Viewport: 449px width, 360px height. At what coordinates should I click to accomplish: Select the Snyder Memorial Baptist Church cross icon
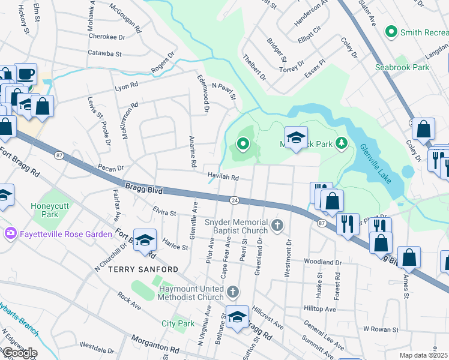pyautogui.click(x=276, y=226)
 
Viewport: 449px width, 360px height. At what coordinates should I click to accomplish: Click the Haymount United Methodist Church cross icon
pyautogui.click(x=233, y=292)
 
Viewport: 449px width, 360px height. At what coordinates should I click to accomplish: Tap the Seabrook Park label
pyautogui.click(x=402, y=67)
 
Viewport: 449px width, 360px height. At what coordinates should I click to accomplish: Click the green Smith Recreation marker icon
pyautogui.click(x=392, y=31)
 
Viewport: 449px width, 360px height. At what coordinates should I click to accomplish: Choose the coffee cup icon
pyautogui.click(x=26, y=74)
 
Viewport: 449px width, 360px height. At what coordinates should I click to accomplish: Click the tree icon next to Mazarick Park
pyautogui.click(x=342, y=142)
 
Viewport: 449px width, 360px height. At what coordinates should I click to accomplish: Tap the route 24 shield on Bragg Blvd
pyautogui.click(x=234, y=200)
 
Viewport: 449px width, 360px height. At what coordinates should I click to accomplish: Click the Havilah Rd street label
pyautogui.click(x=223, y=178)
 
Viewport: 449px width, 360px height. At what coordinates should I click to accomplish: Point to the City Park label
pyautogui.click(x=178, y=323)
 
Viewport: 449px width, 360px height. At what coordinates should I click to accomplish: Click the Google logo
pyautogui.click(x=19, y=353)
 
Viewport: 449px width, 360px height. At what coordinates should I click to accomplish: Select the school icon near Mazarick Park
pyautogui.click(x=295, y=137)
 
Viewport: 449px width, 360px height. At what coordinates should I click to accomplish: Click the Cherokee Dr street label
pyautogui.click(x=106, y=36)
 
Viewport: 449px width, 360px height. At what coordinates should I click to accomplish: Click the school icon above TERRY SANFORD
pyautogui.click(x=145, y=241)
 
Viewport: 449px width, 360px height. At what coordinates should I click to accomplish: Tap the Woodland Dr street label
pyautogui.click(x=322, y=262)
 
